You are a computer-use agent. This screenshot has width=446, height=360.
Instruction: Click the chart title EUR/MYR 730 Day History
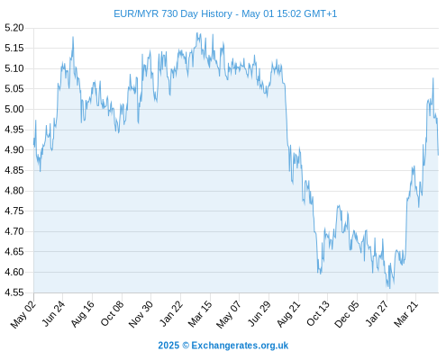pos(173,13)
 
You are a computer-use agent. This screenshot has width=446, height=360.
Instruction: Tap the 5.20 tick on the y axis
pos(14,28)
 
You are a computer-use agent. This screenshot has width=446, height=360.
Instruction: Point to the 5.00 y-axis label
pos(14,109)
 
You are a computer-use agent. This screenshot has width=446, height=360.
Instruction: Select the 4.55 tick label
pos(14,292)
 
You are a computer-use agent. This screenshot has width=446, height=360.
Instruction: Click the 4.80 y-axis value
pos(14,191)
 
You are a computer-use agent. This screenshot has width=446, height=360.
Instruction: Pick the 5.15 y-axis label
pos(14,48)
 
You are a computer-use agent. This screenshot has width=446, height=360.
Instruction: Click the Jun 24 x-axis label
pos(53,313)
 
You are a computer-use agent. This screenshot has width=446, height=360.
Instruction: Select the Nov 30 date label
pos(141,314)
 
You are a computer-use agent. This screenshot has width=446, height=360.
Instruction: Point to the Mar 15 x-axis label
pos(200,314)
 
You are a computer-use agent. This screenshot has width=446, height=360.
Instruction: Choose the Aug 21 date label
pos(288,314)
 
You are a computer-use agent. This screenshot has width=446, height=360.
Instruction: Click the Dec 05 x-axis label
pos(347,314)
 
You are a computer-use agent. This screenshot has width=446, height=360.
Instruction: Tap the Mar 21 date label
pos(405,314)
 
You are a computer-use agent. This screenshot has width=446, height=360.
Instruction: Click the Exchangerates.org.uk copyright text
pos(240,346)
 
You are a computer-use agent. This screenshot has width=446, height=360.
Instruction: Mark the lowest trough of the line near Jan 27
pos(390,289)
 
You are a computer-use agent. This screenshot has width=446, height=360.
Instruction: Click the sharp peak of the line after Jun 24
pos(73,37)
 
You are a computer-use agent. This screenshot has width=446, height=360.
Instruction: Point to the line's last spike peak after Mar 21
pos(433,78)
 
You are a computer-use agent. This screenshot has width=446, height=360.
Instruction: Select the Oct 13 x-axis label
pos(318,314)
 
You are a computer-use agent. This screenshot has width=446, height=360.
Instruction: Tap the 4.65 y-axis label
pos(14,252)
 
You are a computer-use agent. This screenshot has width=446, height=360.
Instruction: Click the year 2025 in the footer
pos(168,346)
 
